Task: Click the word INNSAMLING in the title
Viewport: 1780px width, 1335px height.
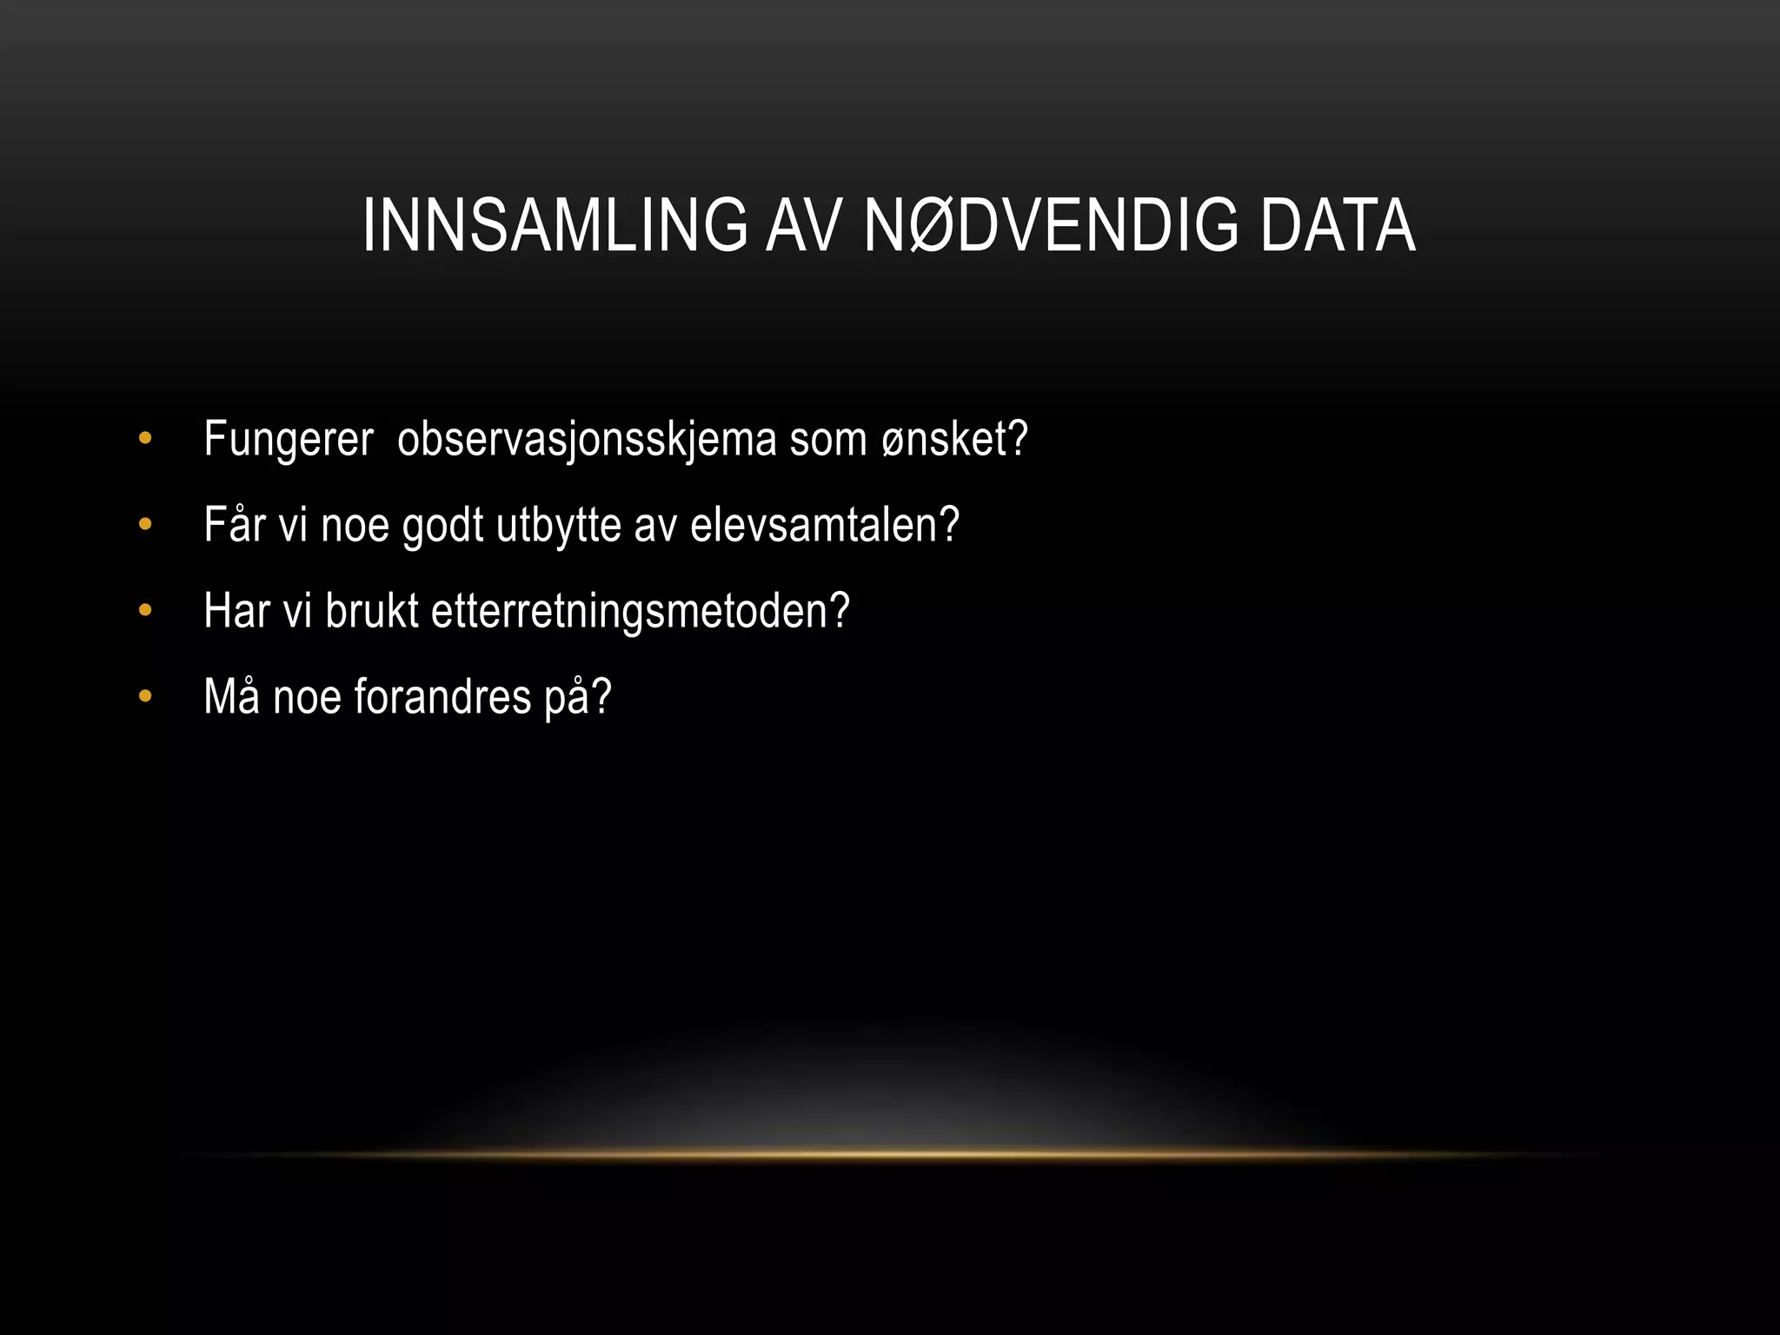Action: pos(555,226)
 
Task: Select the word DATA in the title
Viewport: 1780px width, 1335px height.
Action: pos(1338,226)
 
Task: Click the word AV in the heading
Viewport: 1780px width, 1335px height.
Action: pos(804,226)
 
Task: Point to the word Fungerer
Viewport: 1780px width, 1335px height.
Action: pos(289,440)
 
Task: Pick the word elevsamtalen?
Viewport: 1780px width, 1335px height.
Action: pos(825,525)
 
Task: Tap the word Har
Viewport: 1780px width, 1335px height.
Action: pos(236,611)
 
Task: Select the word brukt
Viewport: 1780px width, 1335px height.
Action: pos(372,611)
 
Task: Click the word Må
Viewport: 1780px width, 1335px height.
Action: pos(231,696)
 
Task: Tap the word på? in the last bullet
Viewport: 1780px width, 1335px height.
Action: pos(578,698)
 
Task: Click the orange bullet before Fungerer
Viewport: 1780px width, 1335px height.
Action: pos(145,439)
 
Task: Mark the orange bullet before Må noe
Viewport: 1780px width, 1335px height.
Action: pos(145,696)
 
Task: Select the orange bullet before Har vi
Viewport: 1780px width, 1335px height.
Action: pos(145,611)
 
